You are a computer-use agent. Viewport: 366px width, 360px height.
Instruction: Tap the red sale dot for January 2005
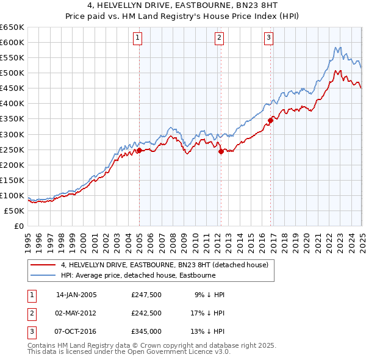(x=139, y=150)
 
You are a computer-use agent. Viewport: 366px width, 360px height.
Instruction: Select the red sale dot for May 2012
(x=221, y=152)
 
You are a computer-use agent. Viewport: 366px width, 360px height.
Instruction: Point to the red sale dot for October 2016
(x=270, y=120)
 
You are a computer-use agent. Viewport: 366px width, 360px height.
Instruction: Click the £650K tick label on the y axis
(x=12, y=27)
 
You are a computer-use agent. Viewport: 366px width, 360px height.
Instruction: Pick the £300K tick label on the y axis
(x=12, y=134)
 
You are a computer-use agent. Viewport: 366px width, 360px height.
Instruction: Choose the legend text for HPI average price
(x=137, y=275)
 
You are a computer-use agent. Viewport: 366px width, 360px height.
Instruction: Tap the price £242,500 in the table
(x=146, y=313)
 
